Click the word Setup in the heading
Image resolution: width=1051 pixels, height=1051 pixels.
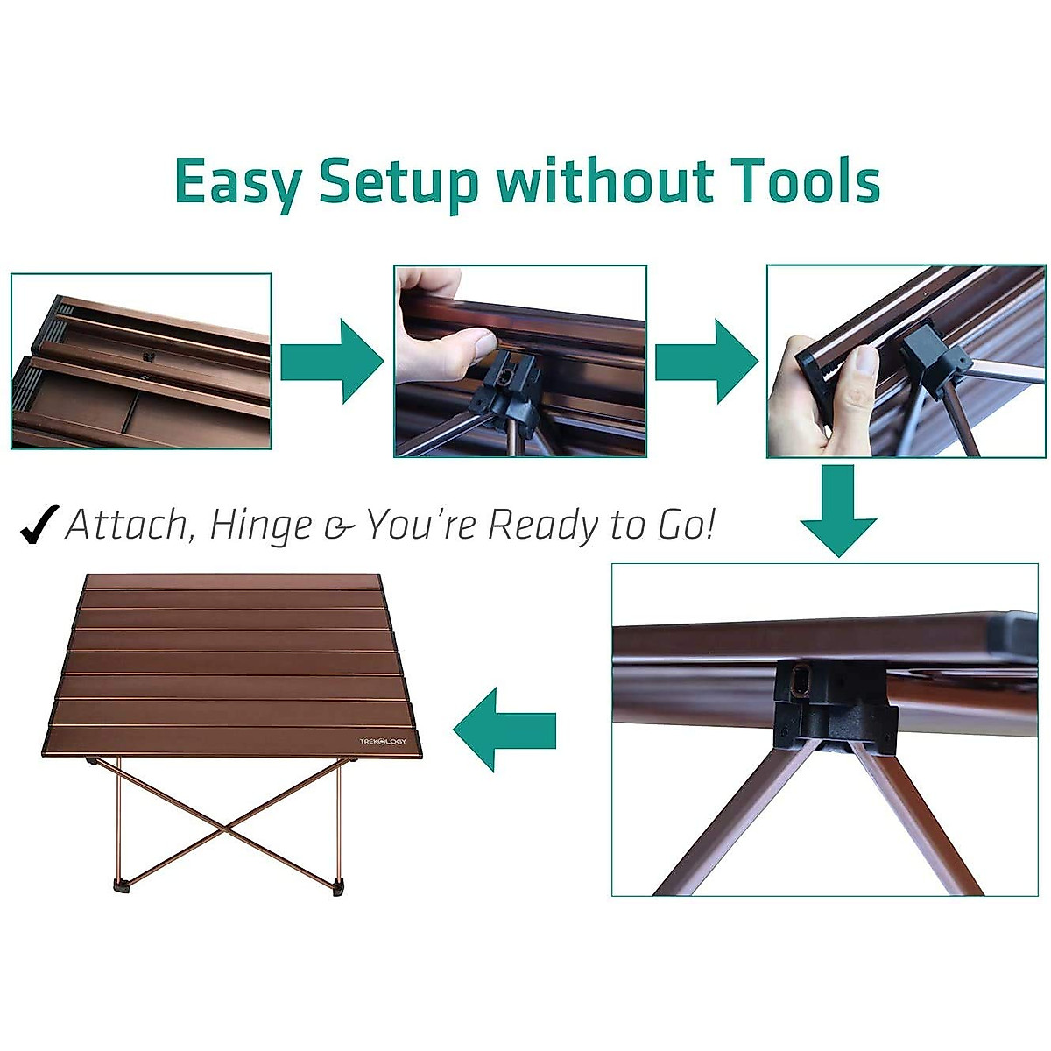(399, 182)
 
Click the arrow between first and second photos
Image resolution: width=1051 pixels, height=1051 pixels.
(332, 361)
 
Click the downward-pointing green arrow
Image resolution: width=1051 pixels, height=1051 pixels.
(837, 511)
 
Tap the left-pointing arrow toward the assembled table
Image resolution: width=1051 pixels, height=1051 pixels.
(505, 729)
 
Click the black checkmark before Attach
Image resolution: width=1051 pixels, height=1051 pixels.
(39, 525)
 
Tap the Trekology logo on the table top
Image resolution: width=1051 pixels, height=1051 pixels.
(383, 741)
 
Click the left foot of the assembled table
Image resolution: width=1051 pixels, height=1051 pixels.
(123, 885)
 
